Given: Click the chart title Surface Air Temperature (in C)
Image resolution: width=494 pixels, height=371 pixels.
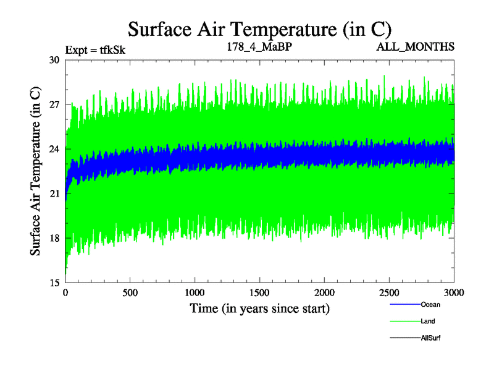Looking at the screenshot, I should pos(259,29).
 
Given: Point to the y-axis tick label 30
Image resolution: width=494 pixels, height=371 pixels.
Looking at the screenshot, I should pos(55,60).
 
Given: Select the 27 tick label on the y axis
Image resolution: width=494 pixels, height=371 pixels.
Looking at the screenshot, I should pos(55,104).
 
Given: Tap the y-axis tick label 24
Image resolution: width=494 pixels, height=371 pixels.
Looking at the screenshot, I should pos(55,149).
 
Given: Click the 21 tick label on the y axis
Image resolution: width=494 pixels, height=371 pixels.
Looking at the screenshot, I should pos(55,194).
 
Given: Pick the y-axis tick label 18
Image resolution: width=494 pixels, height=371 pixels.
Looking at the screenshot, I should pos(55,238).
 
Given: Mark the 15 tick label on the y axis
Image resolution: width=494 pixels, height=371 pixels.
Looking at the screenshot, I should pos(55,283).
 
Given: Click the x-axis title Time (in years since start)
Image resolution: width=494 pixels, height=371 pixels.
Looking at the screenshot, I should pos(259,308).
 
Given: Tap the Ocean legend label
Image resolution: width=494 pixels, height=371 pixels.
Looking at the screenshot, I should pos(430,304).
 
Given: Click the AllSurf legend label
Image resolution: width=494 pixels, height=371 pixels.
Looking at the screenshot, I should pos(430,338).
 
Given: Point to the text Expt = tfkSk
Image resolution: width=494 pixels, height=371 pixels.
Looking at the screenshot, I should pos(95,49).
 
